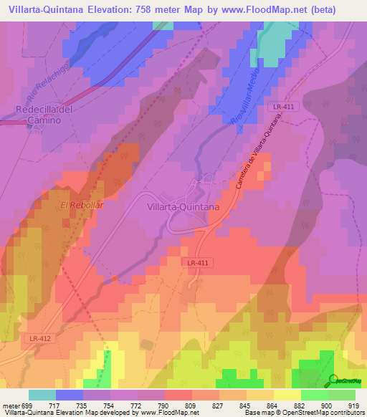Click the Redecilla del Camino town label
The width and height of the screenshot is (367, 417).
pos(44,115)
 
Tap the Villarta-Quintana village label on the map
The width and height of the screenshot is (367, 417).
pos(183,206)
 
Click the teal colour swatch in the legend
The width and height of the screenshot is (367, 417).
pos(42,395)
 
